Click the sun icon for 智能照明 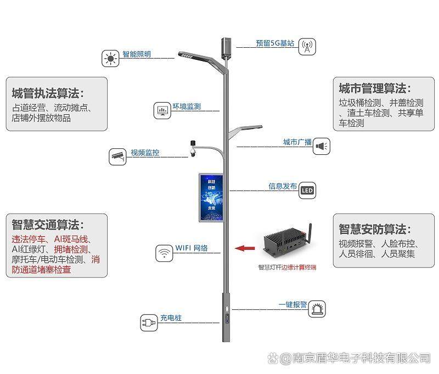[x=111, y=58]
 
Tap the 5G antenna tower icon [x=307, y=46]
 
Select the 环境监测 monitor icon [x=163, y=110]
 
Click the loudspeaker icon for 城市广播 [x=322, y=146]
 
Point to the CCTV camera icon [x=117, y=156]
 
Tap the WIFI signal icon [x=164, y=253]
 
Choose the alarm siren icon [x=317, y=309]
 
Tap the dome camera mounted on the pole [x=193, y=149]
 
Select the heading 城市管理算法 [x=375, y=88]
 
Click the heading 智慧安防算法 [x=375, y=229]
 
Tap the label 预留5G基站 [x=275, y=43]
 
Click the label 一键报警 [x=292, y=304]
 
